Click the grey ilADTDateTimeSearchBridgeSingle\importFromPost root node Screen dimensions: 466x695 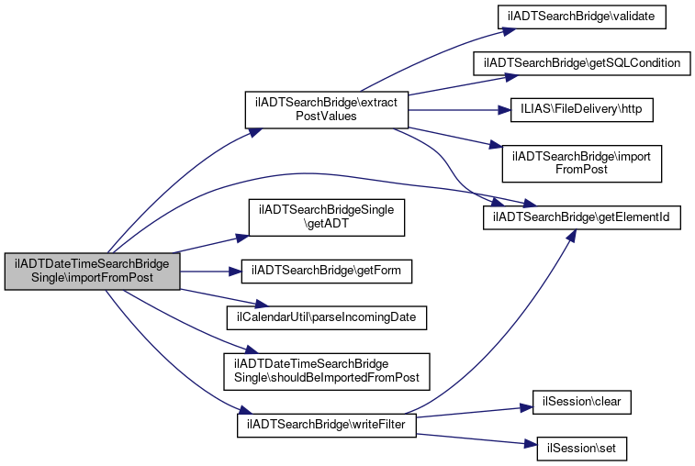point(92,272)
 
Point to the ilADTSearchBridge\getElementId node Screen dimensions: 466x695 point(582,217)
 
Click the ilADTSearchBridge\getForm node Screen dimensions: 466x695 point(325,271)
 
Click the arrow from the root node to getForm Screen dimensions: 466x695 point(207,271)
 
